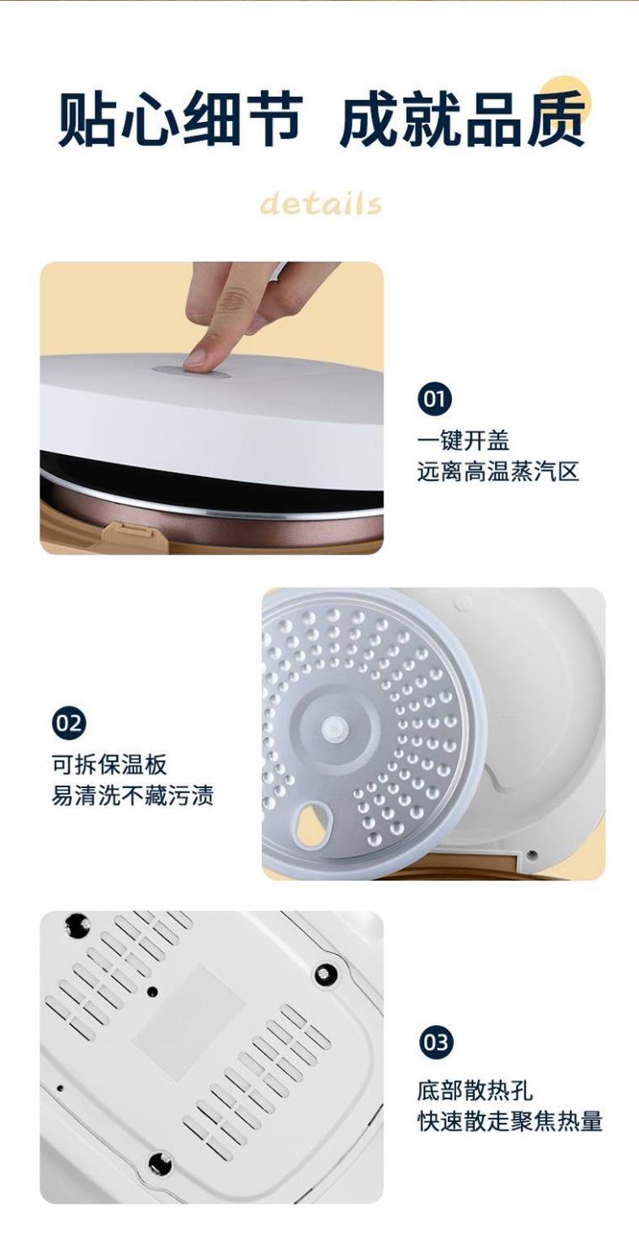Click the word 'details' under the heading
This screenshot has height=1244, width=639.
(x=321, y=203)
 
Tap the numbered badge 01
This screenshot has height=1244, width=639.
(x=434, y=399)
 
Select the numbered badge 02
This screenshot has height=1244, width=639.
(x=69, y=723)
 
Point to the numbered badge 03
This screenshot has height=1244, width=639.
(x=436, y=1043)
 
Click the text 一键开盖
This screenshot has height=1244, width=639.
(x=463, y=441)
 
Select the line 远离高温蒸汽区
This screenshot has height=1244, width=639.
(x=498, y=471)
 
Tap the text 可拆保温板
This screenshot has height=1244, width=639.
(x=109, y=765)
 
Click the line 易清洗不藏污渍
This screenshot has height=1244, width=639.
(x=133, y=795)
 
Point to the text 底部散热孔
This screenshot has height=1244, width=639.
(x=475, y=1090)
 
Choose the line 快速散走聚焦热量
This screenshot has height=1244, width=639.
(x=510, y=1120)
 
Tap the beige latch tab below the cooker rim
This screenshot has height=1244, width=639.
(x=133, y=534)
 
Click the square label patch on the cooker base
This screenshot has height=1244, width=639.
(x=188, y=1022)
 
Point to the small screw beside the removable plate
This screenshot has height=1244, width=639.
(x=531, y=854)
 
